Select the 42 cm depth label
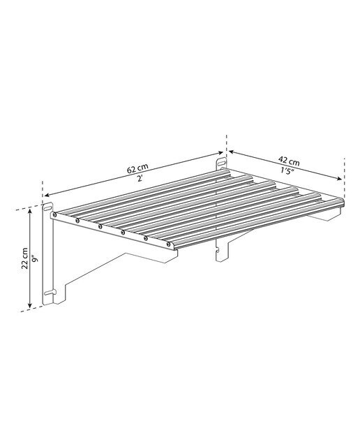(290, 161)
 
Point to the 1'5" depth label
(287, 172)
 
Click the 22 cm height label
(25, 258)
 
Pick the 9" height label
(35, 259)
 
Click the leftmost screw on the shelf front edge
(54, 214)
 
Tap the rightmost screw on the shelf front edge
(169, 244)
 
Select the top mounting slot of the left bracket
(48, 206)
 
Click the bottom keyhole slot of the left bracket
(50, 293)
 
